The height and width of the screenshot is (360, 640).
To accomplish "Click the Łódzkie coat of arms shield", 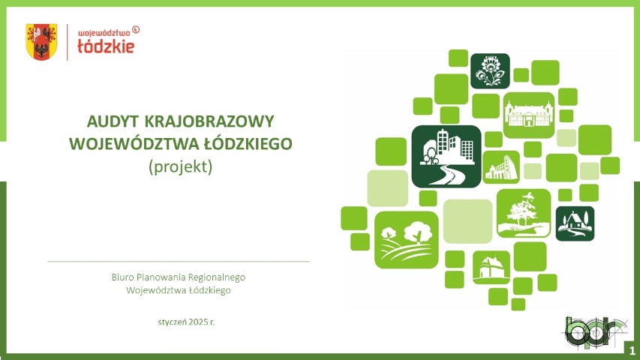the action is (41, 42).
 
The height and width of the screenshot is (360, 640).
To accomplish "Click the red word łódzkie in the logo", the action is (106, 46).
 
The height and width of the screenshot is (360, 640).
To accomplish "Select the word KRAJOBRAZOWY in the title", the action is (209, 121).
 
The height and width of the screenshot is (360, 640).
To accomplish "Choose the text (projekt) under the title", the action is (180, 166).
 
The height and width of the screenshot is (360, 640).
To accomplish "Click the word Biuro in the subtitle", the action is (122, 277).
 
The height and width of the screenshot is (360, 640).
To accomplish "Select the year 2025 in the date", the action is (199, 322).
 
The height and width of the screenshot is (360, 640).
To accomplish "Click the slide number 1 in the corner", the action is (632, 350).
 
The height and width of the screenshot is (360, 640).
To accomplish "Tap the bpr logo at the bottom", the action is (596, 333).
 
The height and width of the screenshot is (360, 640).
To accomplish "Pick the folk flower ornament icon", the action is (490, 71).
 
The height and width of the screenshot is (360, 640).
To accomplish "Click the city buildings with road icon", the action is (446, 156).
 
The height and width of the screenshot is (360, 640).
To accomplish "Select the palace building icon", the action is (529, 115).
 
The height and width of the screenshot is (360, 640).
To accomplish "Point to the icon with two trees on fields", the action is (407, 240).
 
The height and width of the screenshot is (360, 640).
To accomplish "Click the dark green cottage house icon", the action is (575, 223).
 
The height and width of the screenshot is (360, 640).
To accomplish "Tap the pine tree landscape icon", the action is (524, 213).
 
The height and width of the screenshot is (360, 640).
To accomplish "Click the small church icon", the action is (491, 267).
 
